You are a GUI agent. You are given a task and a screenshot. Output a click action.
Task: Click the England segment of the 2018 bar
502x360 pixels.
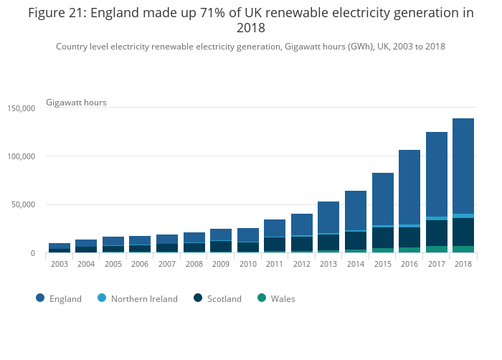(463, 166)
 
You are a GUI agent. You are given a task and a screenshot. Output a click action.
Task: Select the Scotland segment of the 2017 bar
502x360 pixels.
(437, 233)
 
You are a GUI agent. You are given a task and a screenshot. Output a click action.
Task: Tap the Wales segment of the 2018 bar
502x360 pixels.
(463, 250)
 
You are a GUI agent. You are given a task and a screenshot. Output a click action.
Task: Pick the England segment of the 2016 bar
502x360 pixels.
(409, 187)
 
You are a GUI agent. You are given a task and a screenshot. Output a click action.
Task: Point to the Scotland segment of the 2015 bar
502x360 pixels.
(382, 237)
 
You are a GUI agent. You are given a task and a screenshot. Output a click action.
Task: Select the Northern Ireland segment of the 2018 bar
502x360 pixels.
(463, 216)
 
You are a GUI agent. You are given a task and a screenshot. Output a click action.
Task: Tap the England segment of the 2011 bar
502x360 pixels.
(275, 228)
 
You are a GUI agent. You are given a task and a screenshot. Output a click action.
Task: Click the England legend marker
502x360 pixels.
(40, 299)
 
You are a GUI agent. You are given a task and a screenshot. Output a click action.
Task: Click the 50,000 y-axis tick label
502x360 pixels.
(22, 205)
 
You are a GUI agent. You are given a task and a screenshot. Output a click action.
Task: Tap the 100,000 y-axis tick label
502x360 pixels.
(20, 156)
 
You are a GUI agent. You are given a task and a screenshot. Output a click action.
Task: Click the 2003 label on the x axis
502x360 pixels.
(60, 264)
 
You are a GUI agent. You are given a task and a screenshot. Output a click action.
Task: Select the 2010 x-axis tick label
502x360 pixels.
(247, 264)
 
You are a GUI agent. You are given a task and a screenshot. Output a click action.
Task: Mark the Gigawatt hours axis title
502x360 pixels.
(76, 103)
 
